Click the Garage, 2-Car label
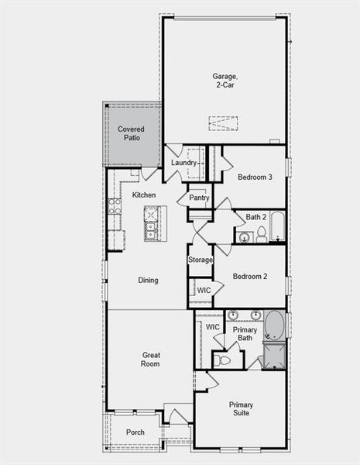coord(224,81)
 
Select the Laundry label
coord(183,163)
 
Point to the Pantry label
coord(199,198)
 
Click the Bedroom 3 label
coord(255,177)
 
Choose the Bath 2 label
coord(256,217)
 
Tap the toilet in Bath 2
coord(262,233)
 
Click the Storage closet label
coord(200,260)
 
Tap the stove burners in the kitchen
coord(115,206)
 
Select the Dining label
coord(149,281)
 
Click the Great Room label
coord(151,360)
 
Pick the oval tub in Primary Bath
coord(274,325)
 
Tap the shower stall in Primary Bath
coord(274,356)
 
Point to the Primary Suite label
coord(241,409)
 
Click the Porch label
coord(135,432)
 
